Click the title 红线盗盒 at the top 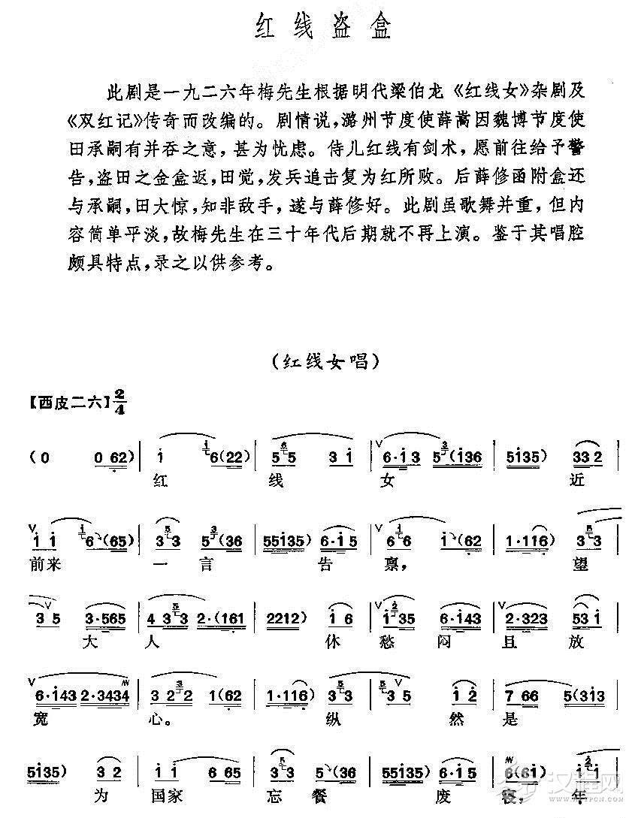[x=320, y=30]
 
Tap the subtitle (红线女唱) [x=319, y=361]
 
